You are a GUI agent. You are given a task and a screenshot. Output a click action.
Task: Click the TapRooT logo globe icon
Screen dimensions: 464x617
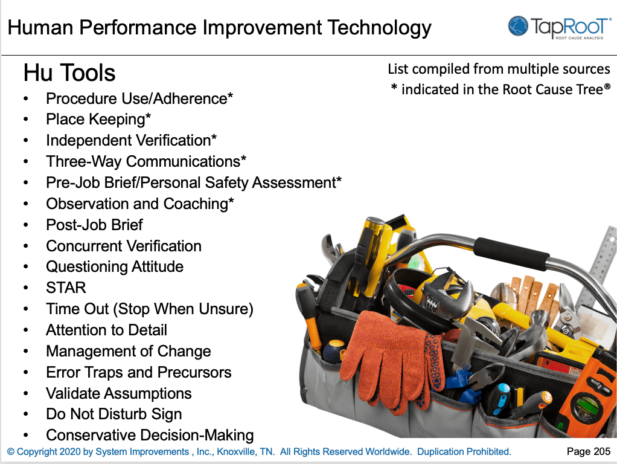pyautogui.click(x=518, y=27)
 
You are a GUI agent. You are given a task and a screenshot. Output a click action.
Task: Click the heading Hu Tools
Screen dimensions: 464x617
pyautogui.click(x=69, y=73)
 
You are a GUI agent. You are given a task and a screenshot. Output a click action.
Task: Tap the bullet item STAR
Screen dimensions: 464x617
pyautogui.click(x=66, y=288)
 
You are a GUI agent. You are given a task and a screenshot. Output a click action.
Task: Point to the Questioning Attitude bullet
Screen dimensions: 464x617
pyautogui.click(x=114, y=266)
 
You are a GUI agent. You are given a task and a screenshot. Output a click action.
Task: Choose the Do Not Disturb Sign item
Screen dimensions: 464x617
pyautogui.click(x=113, y=414)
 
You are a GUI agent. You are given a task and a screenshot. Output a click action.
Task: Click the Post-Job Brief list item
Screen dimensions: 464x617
pyautogui.click(x=94, y=225)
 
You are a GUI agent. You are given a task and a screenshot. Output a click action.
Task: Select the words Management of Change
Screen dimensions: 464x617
pyautogui.click(x=128, y=351)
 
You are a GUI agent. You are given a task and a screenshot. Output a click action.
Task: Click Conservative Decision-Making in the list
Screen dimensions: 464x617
pyautogui.click(x=149, y=435)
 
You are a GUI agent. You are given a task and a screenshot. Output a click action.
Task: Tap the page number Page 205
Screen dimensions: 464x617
pyautogui.click(x=588, y=451)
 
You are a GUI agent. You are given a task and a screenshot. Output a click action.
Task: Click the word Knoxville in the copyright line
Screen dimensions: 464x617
pyautogui.click(x=237, y=452)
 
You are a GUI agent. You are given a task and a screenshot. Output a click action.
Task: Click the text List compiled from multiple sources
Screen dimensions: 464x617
pyautogui.click(x=499, y=69)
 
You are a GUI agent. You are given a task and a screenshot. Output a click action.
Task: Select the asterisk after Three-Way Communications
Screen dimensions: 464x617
pyautogui.click(x=244, y=159)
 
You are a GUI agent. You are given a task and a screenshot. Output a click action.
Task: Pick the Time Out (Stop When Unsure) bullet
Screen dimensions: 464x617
pyautogui.click(x=149, y=309)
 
